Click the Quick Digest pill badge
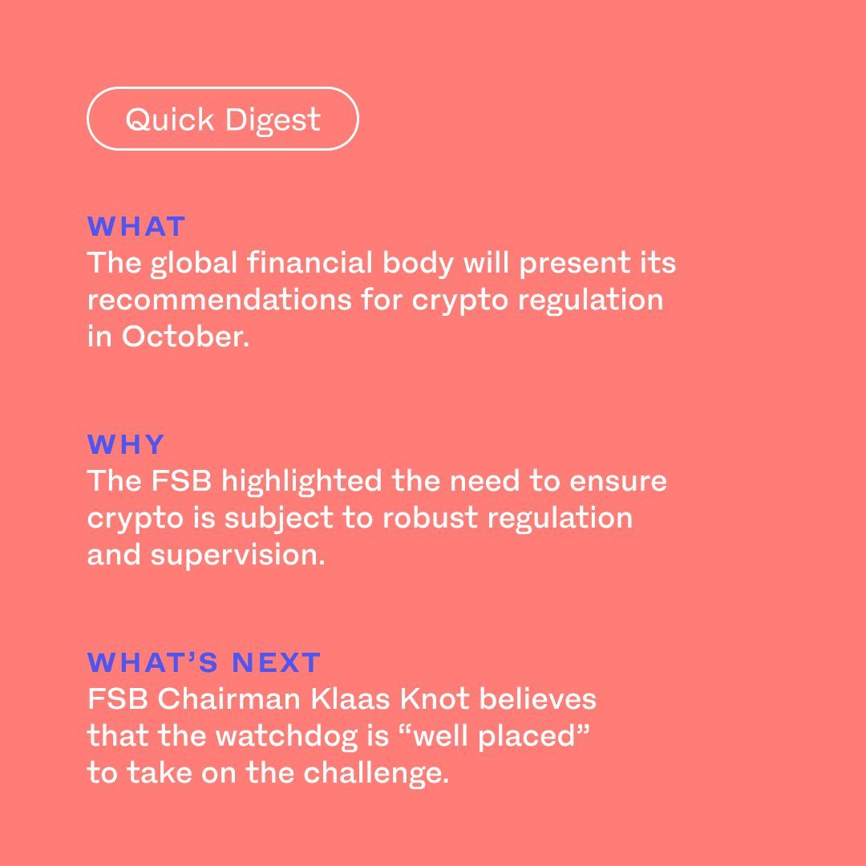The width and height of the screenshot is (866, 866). [223, 119]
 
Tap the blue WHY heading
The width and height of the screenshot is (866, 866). [126, 444]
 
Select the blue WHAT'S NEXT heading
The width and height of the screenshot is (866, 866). [204, 662]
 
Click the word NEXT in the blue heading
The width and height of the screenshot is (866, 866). [276, 662]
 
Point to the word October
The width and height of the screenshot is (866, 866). [185, 336]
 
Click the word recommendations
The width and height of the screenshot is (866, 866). [219, 299]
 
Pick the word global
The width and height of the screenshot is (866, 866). [194, 263]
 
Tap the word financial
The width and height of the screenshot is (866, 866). [310, 261]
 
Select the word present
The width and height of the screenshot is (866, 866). [574, 264]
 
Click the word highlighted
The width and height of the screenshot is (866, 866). [301, 481]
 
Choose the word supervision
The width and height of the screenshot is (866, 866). [238, 556]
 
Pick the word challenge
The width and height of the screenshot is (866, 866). [376, 773]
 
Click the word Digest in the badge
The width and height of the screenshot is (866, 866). [273, 120]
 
